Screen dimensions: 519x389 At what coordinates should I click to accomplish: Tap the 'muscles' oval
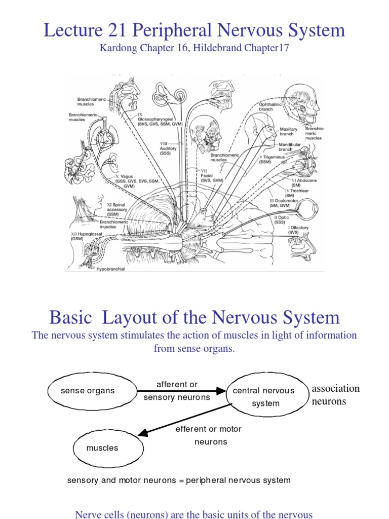(102, 448)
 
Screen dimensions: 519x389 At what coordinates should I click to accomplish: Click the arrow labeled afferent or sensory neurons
(180, 391)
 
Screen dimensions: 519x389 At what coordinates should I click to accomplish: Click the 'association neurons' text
(335, 395)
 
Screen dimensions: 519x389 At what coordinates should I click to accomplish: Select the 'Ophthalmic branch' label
(269, 106)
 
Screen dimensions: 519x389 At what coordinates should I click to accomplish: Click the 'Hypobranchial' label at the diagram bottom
(110, 269)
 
